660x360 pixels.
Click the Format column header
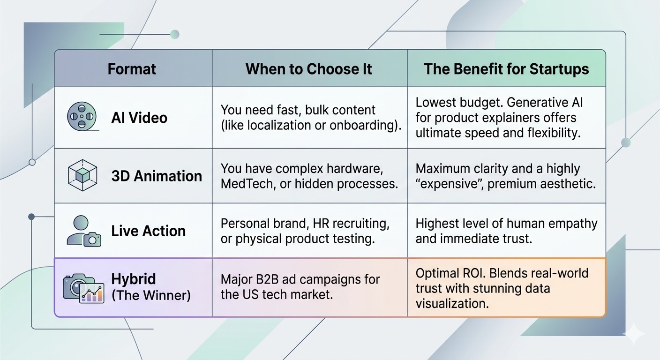pyautogui.click(x=132, y=69)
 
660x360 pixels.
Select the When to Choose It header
pyautogui.click(x=308, y=69)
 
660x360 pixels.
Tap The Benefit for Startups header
pyautogui.click(x=506, y=69)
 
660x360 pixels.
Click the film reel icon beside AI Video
pyautogui.click(x=82, y=116)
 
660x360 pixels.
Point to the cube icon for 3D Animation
pyautogui.click(x=82, y=175)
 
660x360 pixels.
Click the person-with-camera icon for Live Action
pyautogui.click(x=84, y=231)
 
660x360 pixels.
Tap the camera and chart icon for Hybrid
pyautogui.click(x=84, y=288)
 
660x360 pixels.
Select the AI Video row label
pyautogui.click(x=139, y=118)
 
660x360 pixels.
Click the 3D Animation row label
pyautogui.click(x=157, y=176)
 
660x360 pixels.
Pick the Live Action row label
pyautogui.click(x=148, y=231)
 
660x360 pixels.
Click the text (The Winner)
pyautogui.click(x=151, y=295)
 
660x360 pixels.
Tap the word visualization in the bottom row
pyautogui.click(x=452, y=303)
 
